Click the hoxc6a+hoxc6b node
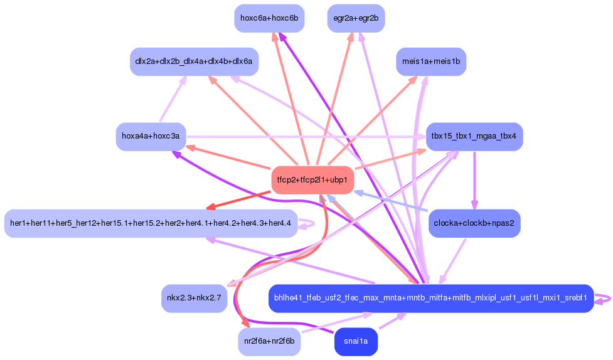269,18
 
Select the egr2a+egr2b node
356,18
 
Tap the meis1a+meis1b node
431,61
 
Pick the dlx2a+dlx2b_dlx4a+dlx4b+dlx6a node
194,61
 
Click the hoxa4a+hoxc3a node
151,137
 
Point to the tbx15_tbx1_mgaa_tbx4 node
474,137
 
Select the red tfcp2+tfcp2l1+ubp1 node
312,180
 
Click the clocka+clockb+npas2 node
474,223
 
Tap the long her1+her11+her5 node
151,223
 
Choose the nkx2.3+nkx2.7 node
194,299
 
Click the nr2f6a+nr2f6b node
269,341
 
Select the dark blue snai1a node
356,341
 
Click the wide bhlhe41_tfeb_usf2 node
431,299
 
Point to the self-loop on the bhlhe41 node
603,299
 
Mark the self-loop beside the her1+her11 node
307,224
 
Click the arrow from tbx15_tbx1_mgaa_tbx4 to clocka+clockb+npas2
474,180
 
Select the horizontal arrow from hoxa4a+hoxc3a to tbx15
306,137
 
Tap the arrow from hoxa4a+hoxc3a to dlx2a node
173,99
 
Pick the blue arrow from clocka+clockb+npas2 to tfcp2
390,201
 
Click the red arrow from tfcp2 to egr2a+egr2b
334,99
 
